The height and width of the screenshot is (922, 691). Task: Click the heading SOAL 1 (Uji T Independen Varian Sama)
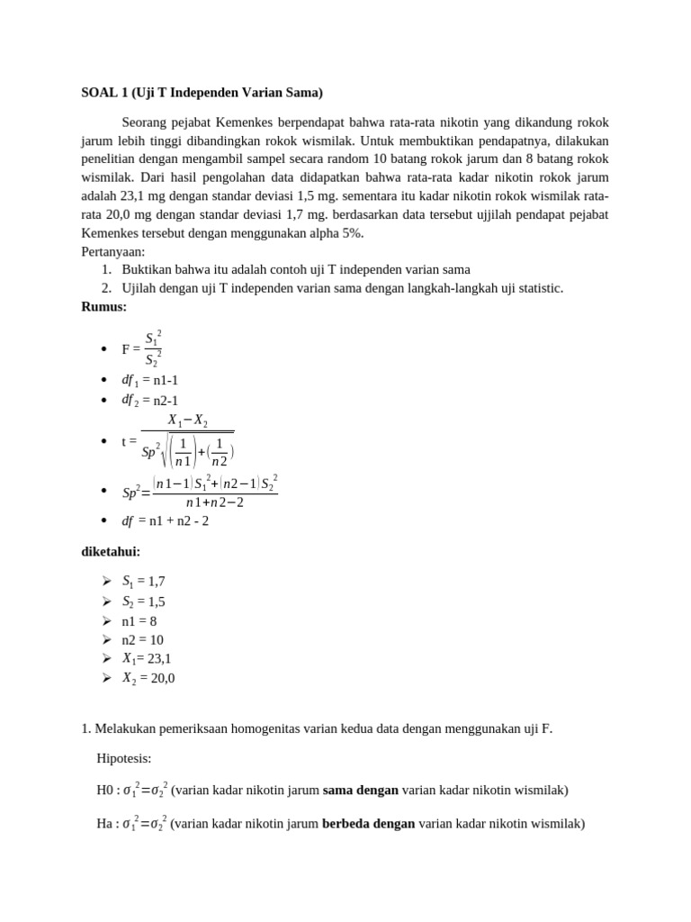(x=202, y=92)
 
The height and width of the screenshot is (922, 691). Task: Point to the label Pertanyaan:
(x=113, y=251)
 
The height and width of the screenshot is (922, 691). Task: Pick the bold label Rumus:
(x=104, y=306)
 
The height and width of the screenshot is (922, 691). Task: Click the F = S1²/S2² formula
(x=142, y=349)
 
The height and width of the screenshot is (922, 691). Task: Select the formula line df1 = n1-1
(x=149, y=380)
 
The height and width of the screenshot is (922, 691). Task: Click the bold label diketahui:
(x=111, y=551)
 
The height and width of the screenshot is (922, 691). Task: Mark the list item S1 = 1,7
(x=143, y=582)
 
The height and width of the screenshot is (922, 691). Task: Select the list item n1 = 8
(x=139, y=620)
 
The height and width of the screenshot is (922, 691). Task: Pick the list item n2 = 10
(x=142, y=639)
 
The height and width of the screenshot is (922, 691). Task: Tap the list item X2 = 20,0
(x=148, y=678)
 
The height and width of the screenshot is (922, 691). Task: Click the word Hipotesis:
(x=124, y=758)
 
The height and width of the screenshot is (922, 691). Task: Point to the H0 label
(x=106, y=791)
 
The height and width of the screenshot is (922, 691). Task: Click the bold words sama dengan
(x=360, y=791)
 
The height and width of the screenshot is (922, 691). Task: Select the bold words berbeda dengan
(x=368, y=823)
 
